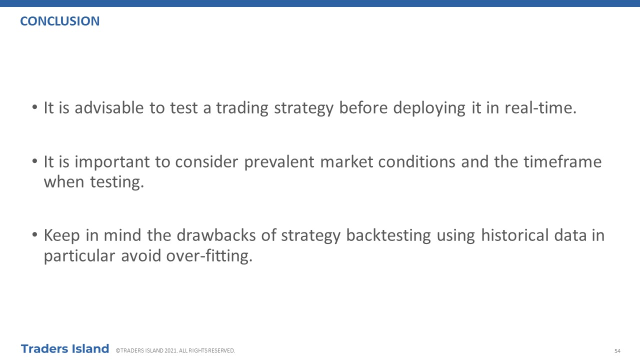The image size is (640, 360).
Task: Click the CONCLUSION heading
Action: click(60, 21)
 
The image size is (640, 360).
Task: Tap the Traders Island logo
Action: click(65, 349)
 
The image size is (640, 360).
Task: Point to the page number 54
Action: click(617, 351)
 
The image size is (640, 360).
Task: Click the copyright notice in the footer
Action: click(175, 350)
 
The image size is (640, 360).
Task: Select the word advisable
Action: click(109, 107)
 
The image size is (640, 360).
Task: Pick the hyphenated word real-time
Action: click(540, 107)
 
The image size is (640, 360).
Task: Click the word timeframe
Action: click(562, 161)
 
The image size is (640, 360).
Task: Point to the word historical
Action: click(515, 235)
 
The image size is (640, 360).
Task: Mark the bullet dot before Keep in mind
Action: click(35, 235)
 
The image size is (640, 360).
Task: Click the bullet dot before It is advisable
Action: click(35, 107)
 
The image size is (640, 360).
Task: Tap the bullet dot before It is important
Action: click(35, 161)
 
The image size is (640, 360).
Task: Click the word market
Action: click(346, 161)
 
